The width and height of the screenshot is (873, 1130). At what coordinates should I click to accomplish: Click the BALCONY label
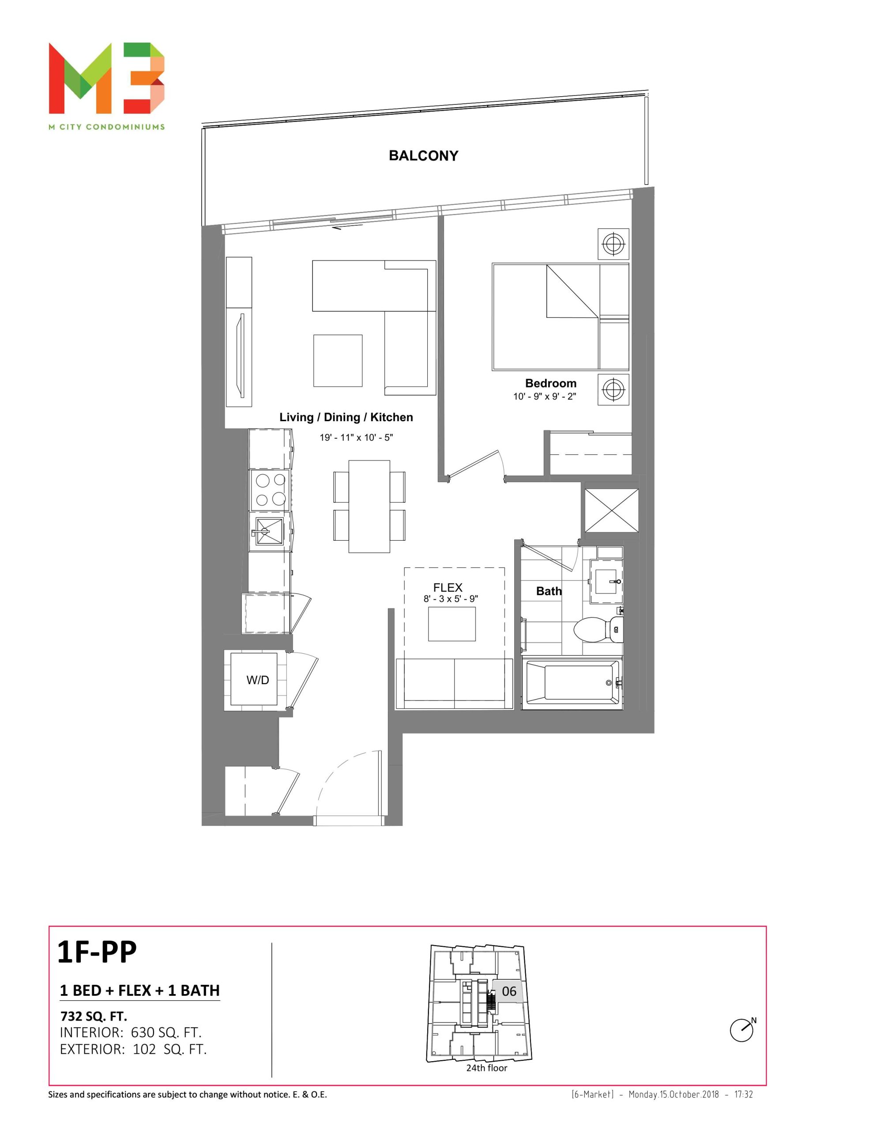pyautogui.click(x=423, y=156)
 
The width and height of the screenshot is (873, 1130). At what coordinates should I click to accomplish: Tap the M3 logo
pyautogui.click(x=107, y=78)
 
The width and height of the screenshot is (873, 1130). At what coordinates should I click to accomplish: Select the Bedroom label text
pyautogui.click(x=551, y=384)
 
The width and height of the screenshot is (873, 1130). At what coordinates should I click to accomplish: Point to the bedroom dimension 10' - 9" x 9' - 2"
pyautogui.click(x=544, y=396)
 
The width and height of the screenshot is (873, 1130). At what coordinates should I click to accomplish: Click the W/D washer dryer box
pyautogui.click(x=257, y=680)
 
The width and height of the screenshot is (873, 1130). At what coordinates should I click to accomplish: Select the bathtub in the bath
pyautogui.click(x=572, y=683)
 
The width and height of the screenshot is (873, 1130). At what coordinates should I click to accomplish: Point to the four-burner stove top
pyautogui.click(x=270, y=490)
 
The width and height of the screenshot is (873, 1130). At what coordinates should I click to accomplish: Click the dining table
pyautogui.click(x=369, y=507)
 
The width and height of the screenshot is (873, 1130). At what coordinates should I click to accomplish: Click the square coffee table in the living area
pyautogui.click(x=337, y=361)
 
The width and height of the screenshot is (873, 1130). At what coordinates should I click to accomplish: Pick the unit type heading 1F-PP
pyautogui.click(x=97, y=952)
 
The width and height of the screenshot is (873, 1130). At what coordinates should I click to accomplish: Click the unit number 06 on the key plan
pyautogui.click(x=509, y=991)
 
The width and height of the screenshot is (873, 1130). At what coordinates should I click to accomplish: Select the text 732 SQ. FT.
pyautogui.click(x=94, y=1016)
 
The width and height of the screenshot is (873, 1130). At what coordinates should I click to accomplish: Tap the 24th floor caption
pyautogui.click(x=486, y=1068)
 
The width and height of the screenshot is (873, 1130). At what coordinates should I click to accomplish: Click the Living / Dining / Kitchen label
pyautogui.click(x=346, y=418)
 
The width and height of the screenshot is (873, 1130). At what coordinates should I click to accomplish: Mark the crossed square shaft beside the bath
pyautogui.click(x=612, y=510)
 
